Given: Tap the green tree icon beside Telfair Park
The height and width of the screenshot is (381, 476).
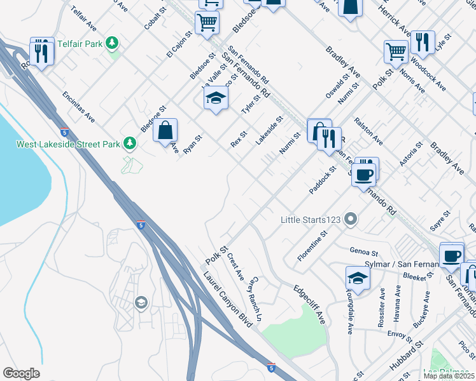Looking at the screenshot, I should pyautogui.click(x=113, y=43).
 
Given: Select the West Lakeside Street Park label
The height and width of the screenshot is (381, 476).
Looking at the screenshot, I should pyautogui.click(x=68, y=144).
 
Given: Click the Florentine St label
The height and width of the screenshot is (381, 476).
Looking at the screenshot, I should pyautogui.click(x=312, y=246).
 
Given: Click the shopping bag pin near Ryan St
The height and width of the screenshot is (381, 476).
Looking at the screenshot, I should pyautogui.click(x=165, y=130).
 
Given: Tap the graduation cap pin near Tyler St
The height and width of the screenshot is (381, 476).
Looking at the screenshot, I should pyautogui.click(x=216, y=98).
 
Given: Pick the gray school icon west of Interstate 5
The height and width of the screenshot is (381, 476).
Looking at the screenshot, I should pyautogui.click(x=140, y=304).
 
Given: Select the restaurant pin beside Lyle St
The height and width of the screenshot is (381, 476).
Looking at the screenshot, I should pyautogui.click(x=423, y=42).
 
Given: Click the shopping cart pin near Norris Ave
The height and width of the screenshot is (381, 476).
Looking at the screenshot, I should pyautogui.click(x=396, y=51).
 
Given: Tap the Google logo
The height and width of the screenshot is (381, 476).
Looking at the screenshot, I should pyautogui.click(x=22, y=373).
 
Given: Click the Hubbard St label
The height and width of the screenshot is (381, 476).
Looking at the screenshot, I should pyautogui.click(x=407, y=356).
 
